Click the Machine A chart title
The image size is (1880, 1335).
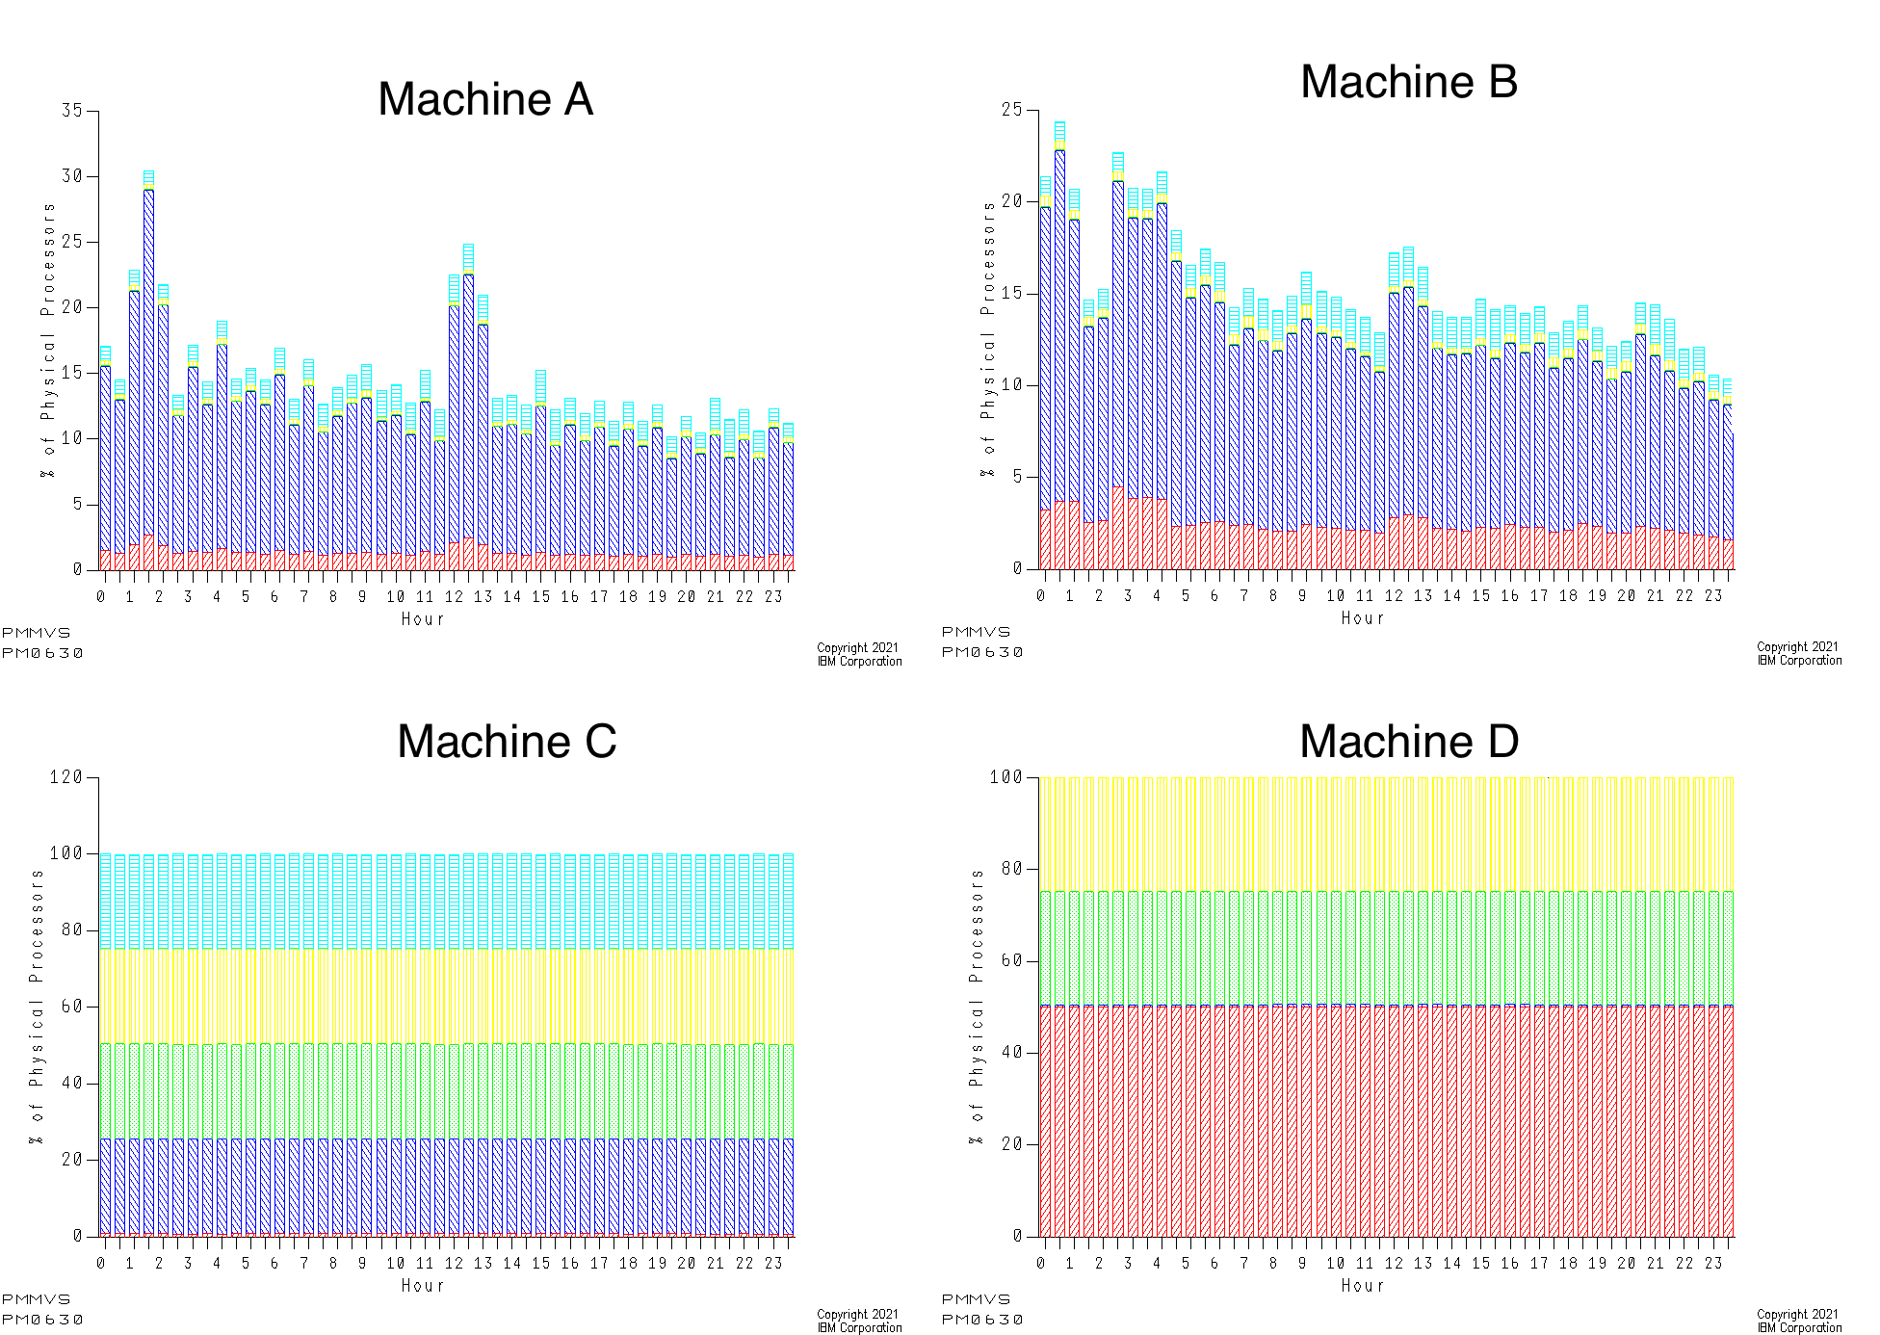click(484, 99)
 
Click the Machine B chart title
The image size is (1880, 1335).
click(1408, 82)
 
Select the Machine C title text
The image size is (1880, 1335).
click(507, 742)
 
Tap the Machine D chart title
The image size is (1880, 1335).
click(1408, 742)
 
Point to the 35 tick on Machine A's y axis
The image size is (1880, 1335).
click(72, 111)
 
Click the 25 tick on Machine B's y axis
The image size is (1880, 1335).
click(1011, 110)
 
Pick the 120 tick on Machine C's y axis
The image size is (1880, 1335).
click(65, 777)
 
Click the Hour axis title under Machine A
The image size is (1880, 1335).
click(423, 619)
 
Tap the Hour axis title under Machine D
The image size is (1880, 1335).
click(1363, 1286)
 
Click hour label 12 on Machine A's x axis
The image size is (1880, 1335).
click(454, 597)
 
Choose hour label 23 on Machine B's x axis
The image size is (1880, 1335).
click(1712, 596)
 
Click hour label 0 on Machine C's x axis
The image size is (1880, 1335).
click(101, 1264)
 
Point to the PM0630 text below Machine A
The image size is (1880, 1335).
click(42, 653)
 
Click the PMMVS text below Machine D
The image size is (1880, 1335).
click(976, 1299)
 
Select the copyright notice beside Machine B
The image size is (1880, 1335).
click(1799, 654)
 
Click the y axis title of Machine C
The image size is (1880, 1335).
click(37, 1007)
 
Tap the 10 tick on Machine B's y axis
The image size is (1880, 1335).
click(1011, 385)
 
